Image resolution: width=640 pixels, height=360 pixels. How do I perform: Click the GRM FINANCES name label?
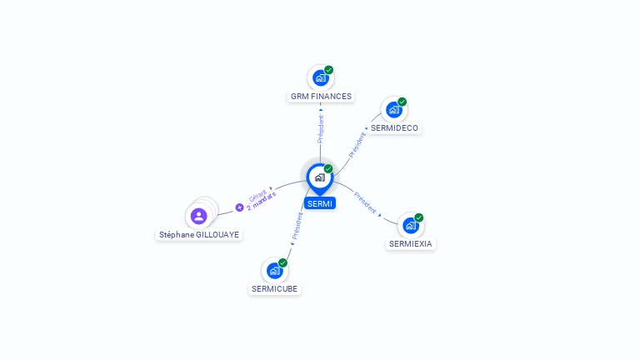[x=321, y=97]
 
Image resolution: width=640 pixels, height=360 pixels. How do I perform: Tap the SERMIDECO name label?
[x=394, y=128]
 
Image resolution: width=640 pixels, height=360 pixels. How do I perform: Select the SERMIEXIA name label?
[x=411, y=244]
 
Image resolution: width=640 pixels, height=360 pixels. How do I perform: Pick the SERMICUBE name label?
[x=274, y=289]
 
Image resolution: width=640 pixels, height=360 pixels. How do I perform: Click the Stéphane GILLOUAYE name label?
[x=199, y=235]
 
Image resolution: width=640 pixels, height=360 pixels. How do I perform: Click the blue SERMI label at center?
[x=319, y=203]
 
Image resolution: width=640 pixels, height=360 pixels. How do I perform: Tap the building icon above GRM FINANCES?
[x=320, y=78]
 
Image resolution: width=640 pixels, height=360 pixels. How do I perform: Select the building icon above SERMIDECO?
[x=393, y=110]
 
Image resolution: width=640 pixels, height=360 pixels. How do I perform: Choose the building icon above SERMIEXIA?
[x=410, y=226]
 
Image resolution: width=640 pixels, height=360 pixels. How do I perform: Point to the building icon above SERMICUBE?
[x=273, y=271]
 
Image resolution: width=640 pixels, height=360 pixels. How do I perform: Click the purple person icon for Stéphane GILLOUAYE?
[x=198, y=217]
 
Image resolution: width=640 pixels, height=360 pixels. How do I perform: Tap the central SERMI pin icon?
[x=319, y=177]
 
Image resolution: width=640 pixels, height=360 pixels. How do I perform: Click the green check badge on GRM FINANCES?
[x=329, y=70]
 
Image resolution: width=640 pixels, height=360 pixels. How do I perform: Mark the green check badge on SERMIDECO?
[x=402, y=102]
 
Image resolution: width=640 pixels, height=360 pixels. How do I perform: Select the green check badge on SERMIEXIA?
[x=419, y=217]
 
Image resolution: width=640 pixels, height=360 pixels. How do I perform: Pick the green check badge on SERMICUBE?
[x=282, y=262]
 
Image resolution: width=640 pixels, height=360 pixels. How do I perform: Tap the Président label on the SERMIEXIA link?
[x=365, y=202]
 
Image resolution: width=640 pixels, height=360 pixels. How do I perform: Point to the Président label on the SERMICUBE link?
[x=297, y=227]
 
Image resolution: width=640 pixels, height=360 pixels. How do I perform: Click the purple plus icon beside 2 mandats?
[x=239, y=207]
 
